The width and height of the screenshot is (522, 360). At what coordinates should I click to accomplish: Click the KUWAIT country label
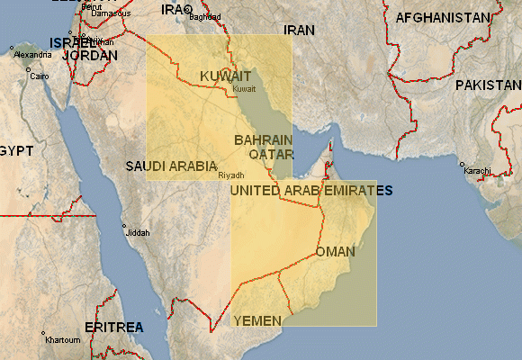coord(225,76)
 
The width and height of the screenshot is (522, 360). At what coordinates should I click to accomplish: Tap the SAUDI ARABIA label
coord(171,166)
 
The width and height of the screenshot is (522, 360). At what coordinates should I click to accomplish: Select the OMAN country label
coord(335,252)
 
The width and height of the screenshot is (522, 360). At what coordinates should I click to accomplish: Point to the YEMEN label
coord(257,320)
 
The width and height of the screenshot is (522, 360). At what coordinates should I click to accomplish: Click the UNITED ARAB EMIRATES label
coord(311,191)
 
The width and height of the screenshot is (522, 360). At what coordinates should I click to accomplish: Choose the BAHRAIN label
coord(263,140)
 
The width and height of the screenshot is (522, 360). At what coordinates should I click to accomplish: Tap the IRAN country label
coord(300,30)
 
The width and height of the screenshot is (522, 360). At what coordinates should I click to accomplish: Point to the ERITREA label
coord(113,327)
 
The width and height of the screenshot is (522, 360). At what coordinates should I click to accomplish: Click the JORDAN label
coord(90,55)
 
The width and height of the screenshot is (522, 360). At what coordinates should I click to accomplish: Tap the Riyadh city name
coord(231,175)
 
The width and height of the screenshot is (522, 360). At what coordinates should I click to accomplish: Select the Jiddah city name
coord(139,232)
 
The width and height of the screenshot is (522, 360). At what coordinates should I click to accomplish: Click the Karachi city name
coord(477,170)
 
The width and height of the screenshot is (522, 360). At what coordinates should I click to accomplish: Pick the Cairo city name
coord(40,76)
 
